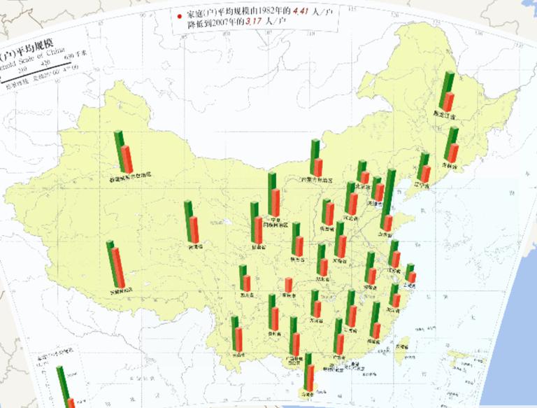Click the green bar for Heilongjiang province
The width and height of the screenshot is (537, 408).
point(443,90)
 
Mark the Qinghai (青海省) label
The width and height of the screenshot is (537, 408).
point(194,247)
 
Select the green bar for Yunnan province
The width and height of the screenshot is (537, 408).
point(236,333)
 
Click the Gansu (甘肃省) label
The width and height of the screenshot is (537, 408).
point(257,247)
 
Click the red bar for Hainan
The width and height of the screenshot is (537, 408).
point(310,378)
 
